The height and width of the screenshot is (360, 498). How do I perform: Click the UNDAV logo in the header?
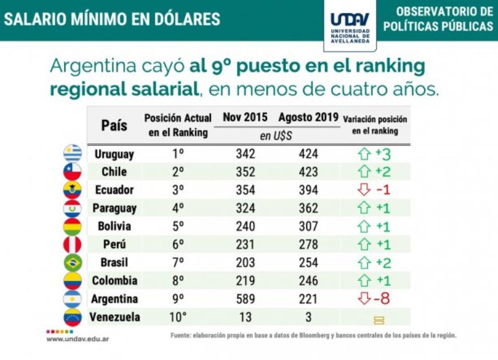pyautogui.click(x=350, y=25)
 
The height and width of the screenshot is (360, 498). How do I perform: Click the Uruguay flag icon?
pyautogui.click(x=73, y=153)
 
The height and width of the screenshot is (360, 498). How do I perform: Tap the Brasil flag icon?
pyautogui.click(x=73, y=262)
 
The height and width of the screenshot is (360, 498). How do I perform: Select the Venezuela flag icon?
pyautogui.click(x=73, y=317)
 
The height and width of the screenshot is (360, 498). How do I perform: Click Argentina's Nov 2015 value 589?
pyautogui.click(x=245, y=299)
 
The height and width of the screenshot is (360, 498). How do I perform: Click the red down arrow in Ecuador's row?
pyautogui.click(x=365, y=189)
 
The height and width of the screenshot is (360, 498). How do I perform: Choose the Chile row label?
pyautogui.click(x=114, y=171)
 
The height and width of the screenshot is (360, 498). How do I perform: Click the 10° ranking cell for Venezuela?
pyautogui.click(x=178, y=317)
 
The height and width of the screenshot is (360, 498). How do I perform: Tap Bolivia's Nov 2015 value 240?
pyautogui.click(x=245, y=226)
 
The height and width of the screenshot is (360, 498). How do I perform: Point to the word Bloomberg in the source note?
pyautogui.click(x=293, y=335)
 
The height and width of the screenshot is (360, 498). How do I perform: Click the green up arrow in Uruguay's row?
pyautogui.click(x=365, y=153)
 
